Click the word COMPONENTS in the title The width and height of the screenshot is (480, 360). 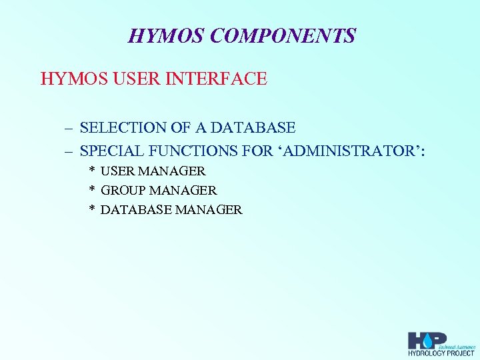click(283, 35)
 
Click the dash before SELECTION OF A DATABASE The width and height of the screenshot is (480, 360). click(69, 127)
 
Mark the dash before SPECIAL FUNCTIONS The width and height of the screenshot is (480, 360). click(69, 152)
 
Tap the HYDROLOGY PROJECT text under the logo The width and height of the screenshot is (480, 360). click(441, 353)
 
